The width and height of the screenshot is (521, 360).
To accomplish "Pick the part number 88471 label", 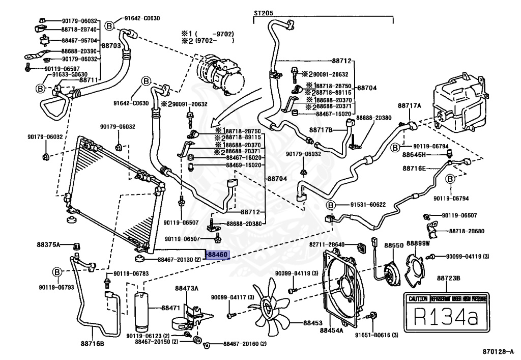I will tap(171, 308).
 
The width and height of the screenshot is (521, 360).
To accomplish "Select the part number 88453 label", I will tap(313, 323).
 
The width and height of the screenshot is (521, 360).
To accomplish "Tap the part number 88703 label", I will tap(111, 45).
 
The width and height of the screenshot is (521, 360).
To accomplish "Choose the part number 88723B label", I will tap(448, 278).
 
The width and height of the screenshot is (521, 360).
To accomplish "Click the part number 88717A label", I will tap(410, 105).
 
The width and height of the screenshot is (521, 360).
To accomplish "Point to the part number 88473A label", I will tap(186, 289).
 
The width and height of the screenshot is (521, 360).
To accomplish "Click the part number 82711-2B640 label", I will tap(341, 245).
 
